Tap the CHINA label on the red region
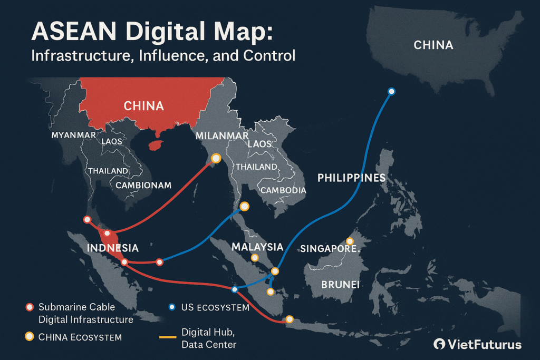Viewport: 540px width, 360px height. [143, 106]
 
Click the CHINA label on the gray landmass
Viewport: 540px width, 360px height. [433, 45]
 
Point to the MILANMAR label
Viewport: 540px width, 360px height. [221, 135]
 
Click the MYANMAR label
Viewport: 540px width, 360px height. [73, 135]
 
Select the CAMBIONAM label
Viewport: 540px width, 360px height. [143, 185]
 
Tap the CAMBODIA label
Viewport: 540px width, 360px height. [283, 190]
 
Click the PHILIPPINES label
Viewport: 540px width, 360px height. [351, 178]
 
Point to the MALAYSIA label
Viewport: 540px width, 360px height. [257, 247]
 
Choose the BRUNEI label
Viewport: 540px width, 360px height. [340, 285]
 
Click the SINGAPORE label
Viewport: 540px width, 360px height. [327, 248]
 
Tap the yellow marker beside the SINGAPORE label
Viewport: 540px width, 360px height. [350, 241]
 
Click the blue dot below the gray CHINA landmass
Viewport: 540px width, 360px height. [391, 91]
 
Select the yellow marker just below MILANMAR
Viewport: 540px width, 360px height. [216, 158]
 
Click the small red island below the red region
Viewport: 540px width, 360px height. [155, 145]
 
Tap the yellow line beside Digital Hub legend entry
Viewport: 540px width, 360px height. [167, 337]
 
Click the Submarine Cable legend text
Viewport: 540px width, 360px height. [76, 307]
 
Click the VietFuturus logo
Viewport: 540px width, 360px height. [477, 345]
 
